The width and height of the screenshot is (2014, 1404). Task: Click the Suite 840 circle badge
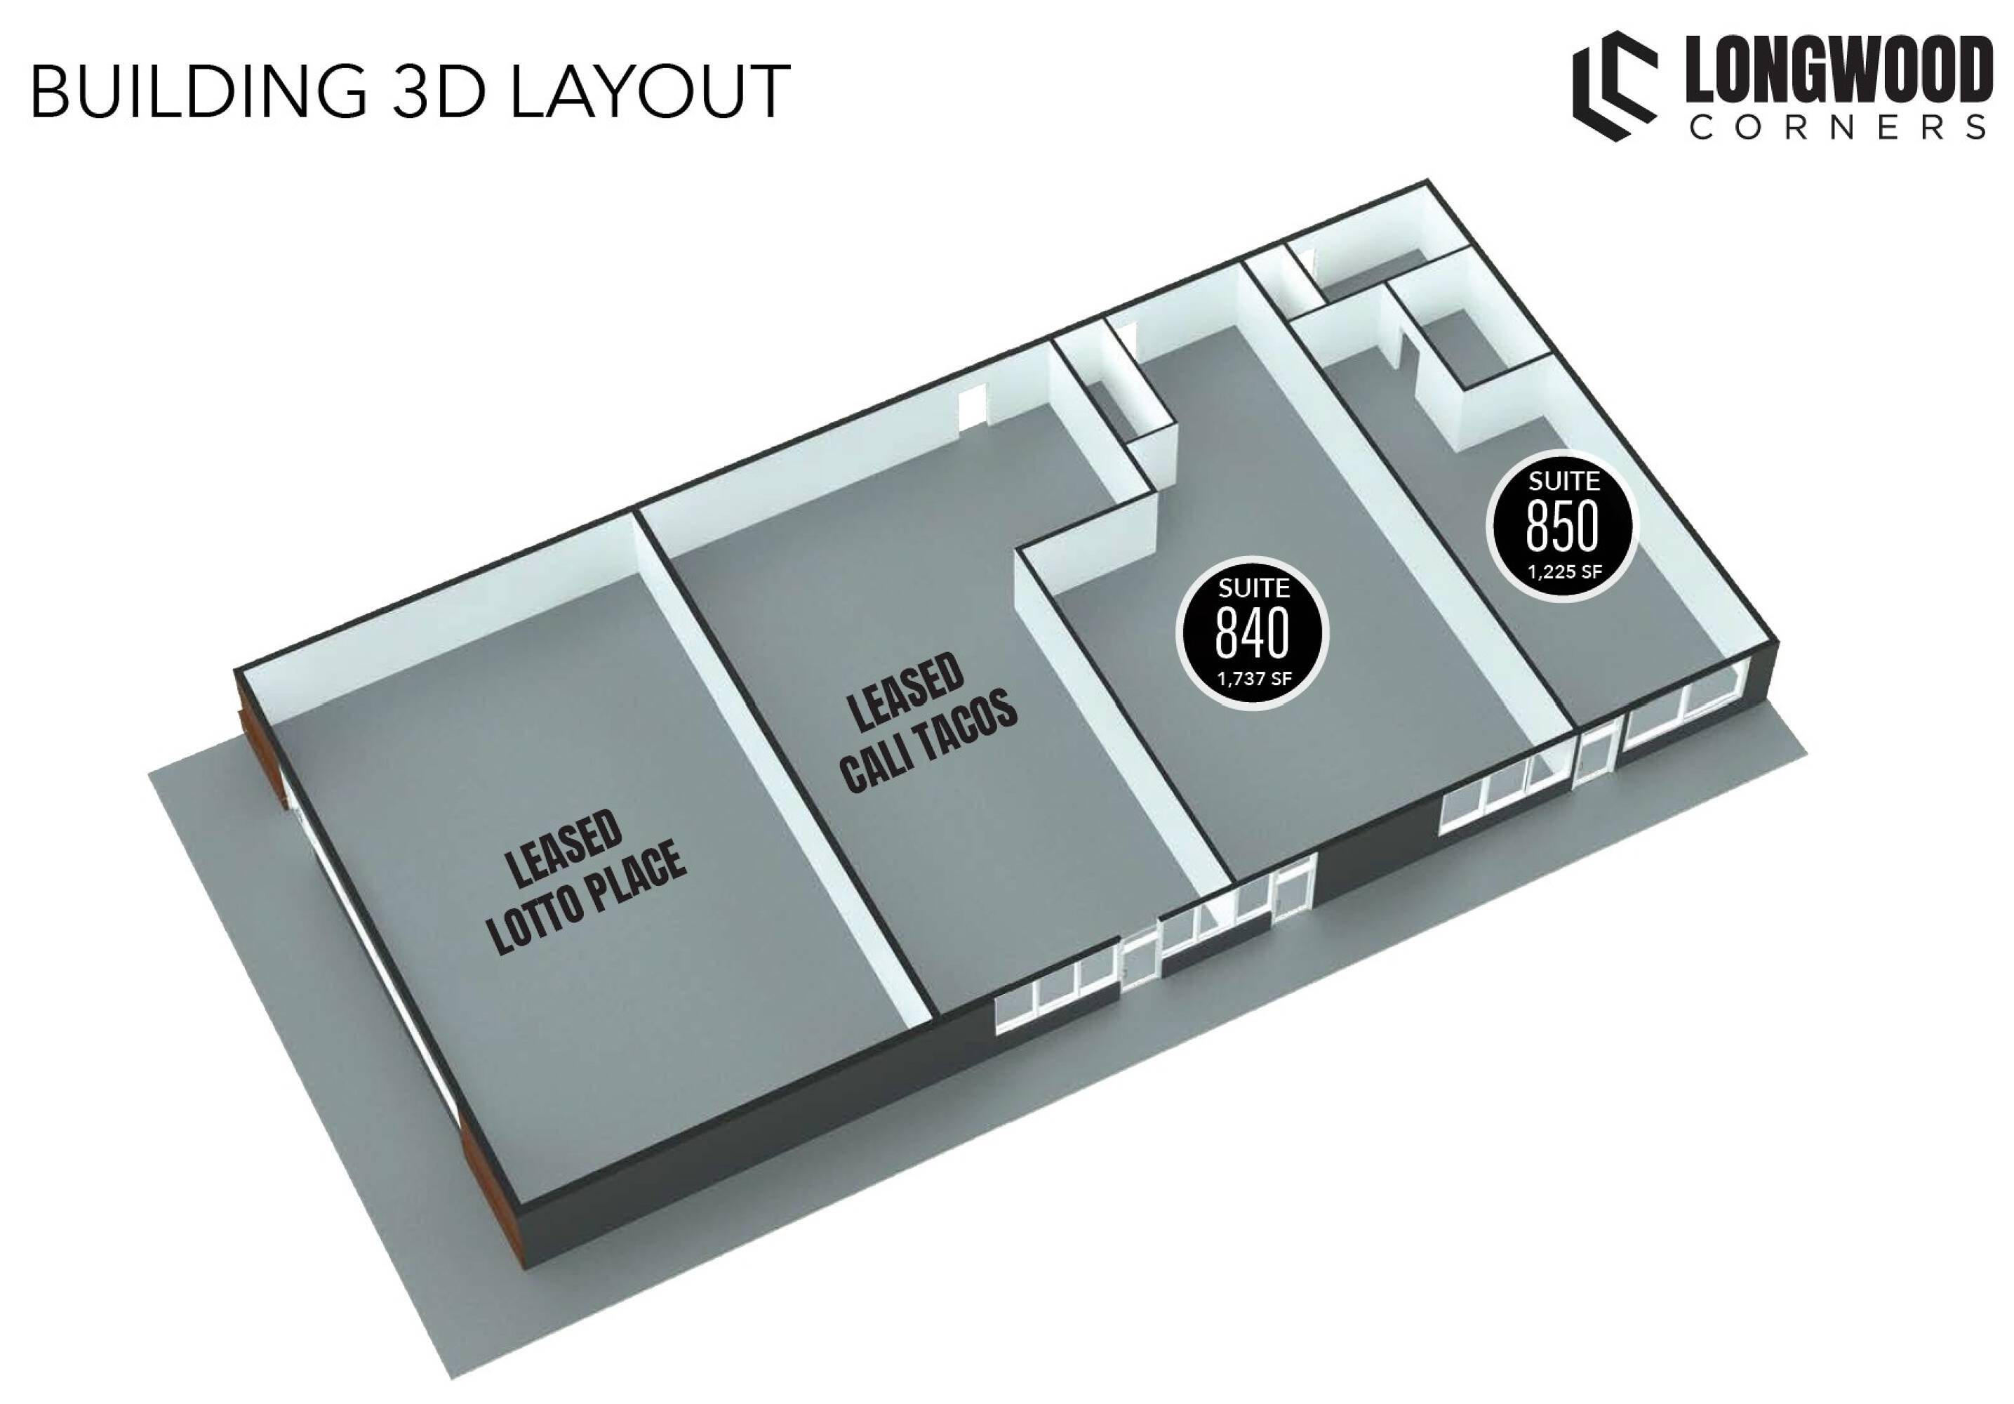tap(1252, 633)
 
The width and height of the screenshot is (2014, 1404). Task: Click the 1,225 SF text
tap(1564, 572)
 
